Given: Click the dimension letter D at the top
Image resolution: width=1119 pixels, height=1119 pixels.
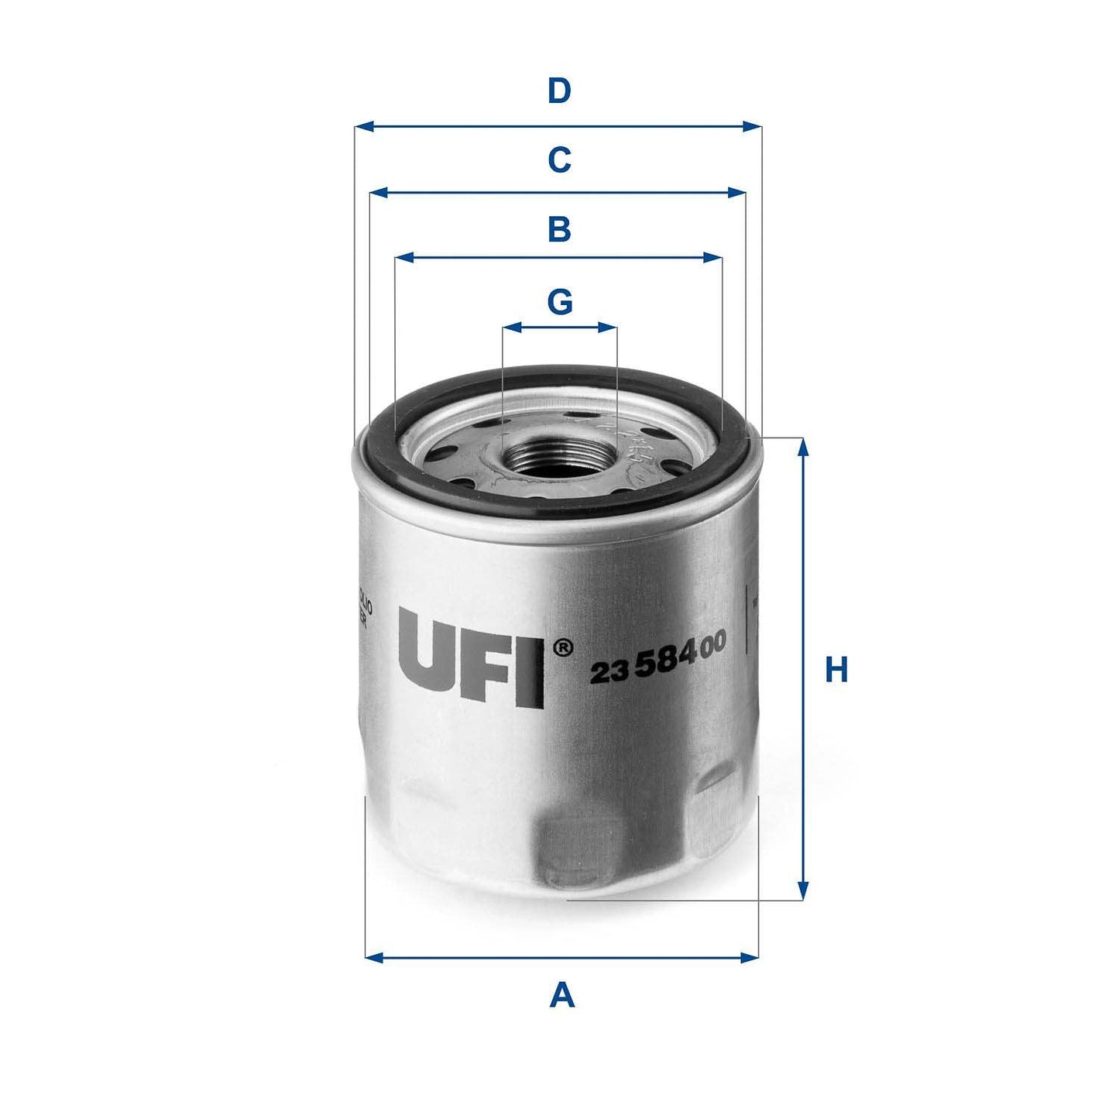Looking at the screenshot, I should click(x=559, y=91).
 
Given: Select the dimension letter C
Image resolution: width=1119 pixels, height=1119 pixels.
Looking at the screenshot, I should click(x=559, y=160).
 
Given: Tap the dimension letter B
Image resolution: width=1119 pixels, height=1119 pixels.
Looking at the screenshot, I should click(x=559, y=230).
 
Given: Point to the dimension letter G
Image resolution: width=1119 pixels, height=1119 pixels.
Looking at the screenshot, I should click(x=560, y=301).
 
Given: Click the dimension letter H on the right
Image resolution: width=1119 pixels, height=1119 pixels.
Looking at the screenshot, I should click(x=836, y=670).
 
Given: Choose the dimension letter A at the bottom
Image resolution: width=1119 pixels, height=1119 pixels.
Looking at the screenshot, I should click(x=562, y=995).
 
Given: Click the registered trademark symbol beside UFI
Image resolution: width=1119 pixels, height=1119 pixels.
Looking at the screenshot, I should click(x=564, y=646).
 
